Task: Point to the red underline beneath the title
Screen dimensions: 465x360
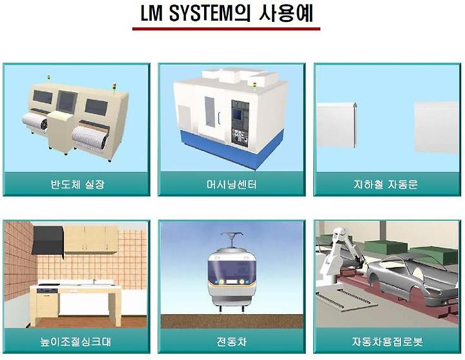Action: click(225, 28)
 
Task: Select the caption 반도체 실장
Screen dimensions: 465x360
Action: click(77, 184)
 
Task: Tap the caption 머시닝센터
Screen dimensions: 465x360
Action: click(231, 184)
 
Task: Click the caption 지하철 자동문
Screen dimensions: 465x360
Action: click(386, 184)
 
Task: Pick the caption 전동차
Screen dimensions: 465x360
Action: click(231, 341)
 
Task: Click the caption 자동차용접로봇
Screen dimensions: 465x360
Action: click(386, 341)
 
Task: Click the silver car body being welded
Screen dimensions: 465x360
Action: click(407, 275)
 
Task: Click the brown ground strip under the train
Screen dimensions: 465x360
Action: click(231, 320)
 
